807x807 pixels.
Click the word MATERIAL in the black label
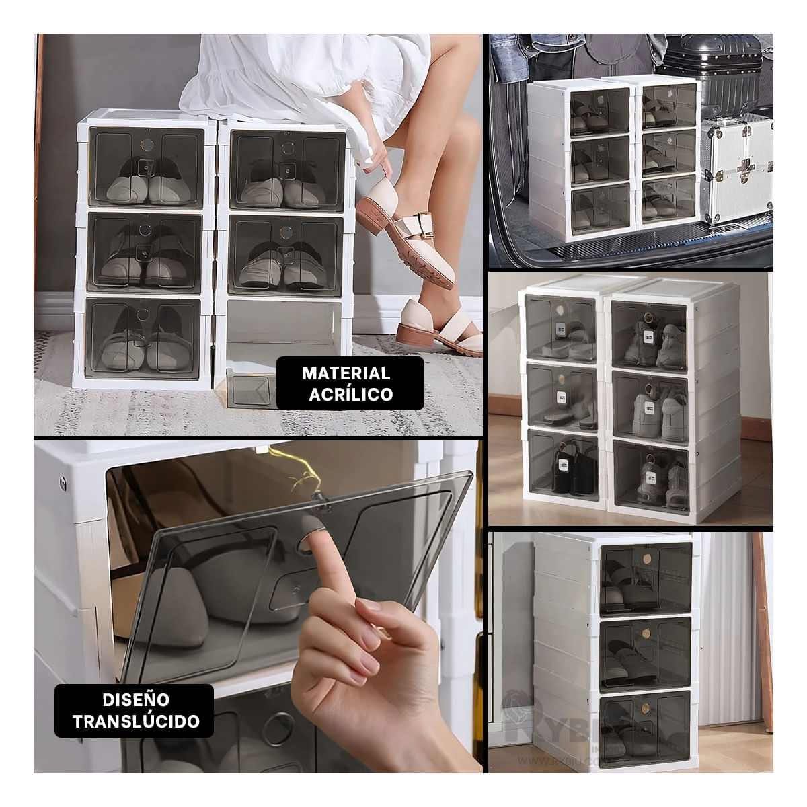346,373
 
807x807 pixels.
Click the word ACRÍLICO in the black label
350,394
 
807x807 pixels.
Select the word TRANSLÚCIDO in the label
145,722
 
